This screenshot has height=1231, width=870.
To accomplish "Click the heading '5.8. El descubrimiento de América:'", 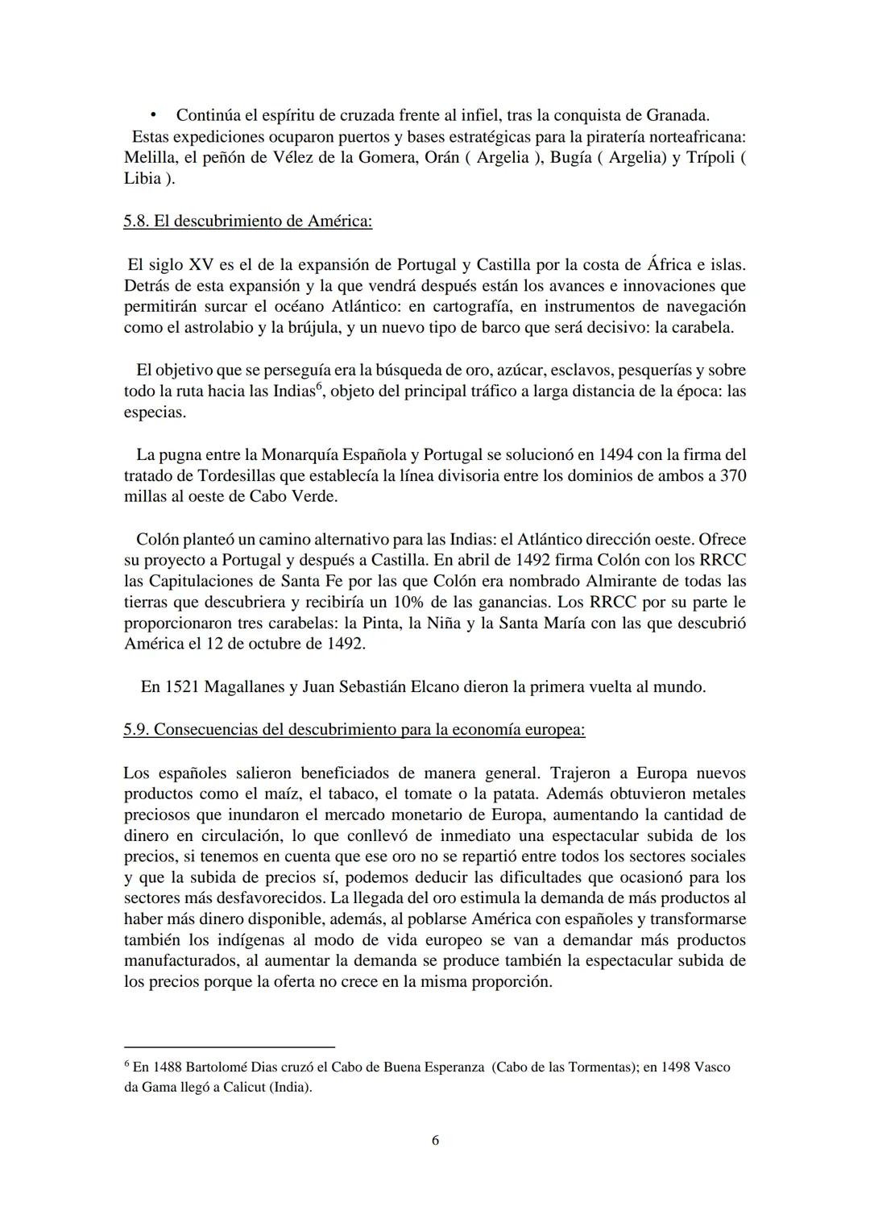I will [247, 221].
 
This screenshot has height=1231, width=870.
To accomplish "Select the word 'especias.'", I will [155, 412].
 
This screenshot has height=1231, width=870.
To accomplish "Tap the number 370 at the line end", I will [732, 475].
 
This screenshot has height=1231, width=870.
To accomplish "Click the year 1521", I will [182, 687].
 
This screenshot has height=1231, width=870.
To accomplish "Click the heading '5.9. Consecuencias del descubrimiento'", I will [354, 730].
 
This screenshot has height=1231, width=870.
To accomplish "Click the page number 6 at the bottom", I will [435, 1141].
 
